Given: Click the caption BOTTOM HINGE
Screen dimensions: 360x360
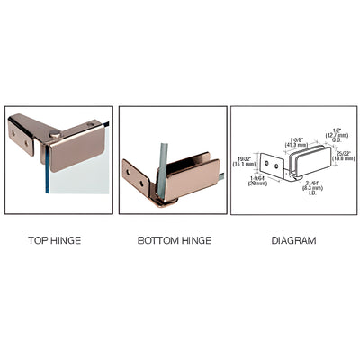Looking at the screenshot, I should (x=174, y=240).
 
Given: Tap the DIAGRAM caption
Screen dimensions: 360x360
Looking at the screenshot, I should (x=292, y=240).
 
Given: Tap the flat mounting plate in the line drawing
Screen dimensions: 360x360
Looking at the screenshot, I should (x=269, y=166).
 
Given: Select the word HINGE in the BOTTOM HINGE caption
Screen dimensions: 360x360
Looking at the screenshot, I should (x=193, y=240).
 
